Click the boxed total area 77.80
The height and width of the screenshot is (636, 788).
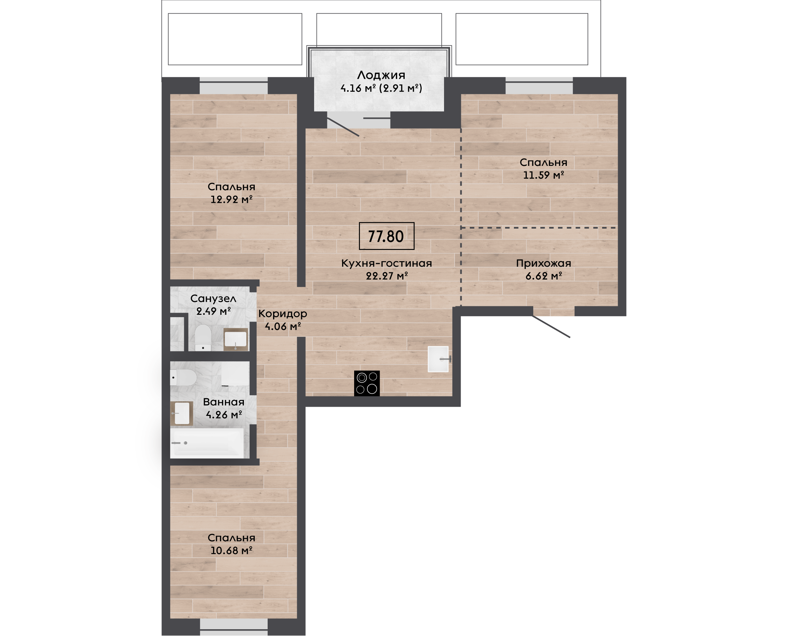click(x=386, y=236)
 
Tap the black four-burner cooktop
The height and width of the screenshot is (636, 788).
click(x=367, y=383)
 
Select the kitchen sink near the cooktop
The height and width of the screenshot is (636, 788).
click(x=439, y=359)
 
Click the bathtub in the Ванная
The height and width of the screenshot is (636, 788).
click(x=207, y=443)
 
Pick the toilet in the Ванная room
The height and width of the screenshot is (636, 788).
click(x=184, y=377)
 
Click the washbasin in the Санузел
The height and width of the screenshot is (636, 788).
click(x=235, y=340)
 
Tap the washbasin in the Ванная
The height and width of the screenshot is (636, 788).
click(x=182, y=413)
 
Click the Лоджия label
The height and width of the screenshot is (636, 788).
click(x=381, y=75)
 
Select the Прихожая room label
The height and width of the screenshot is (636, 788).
click(x=544, y=263)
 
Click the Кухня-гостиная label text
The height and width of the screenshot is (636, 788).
click(x=386, y=263)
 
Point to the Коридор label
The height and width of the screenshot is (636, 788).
click(x=283, y=314)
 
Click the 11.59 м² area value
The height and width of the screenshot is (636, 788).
click(x=544, y=175)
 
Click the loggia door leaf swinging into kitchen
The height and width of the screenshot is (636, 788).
click(x=343, y=127)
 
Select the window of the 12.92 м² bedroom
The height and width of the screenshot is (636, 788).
click(x=234, y=86)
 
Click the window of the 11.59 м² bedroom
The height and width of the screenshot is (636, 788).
click(x=539, y=86)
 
